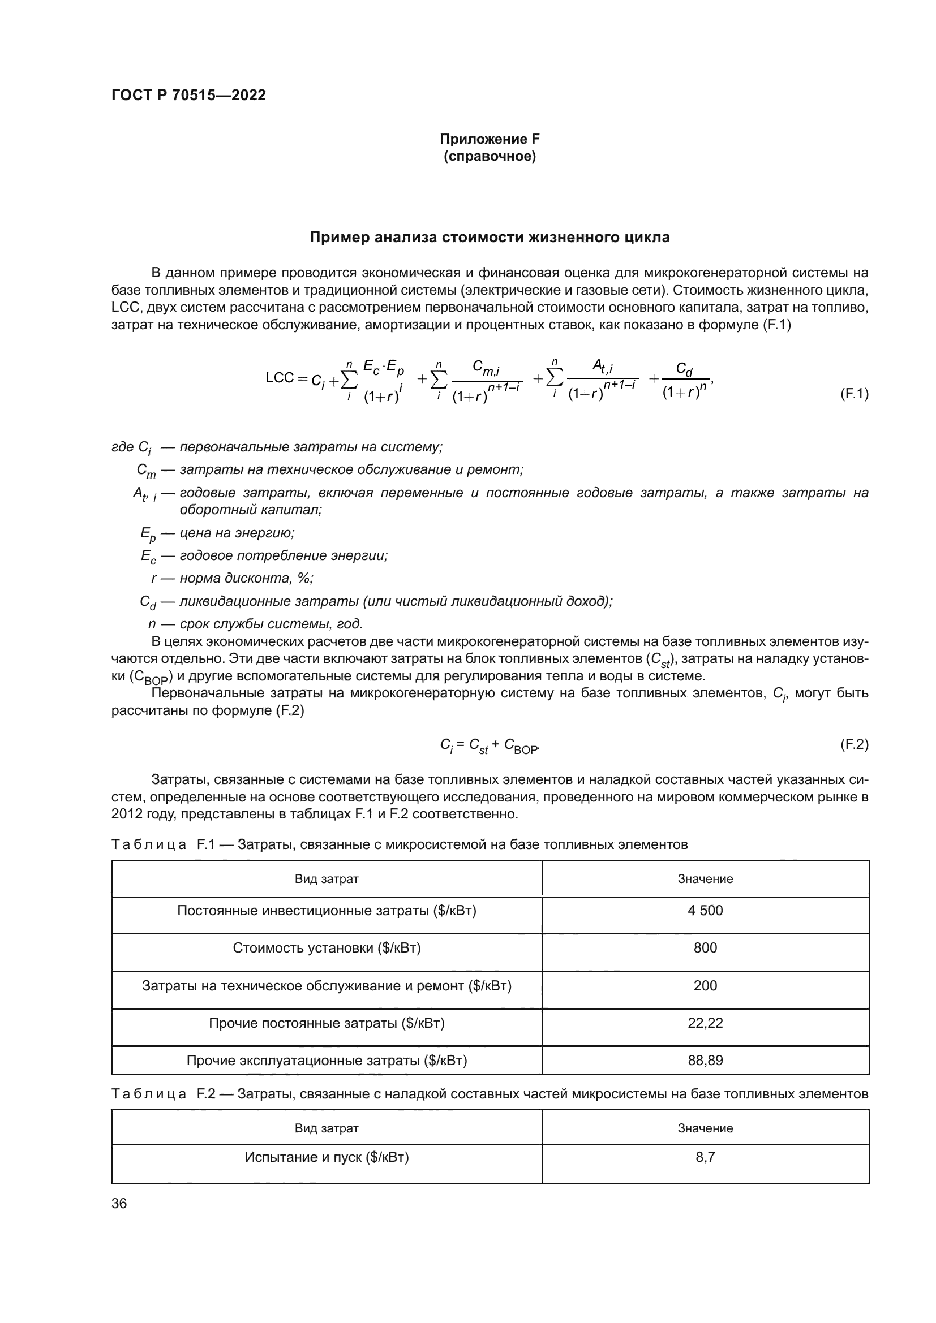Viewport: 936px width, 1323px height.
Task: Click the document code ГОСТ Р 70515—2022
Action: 188,95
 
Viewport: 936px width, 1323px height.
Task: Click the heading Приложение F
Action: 490,139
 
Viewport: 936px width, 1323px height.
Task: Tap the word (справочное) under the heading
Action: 490,157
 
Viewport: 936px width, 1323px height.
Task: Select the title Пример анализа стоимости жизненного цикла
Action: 490,238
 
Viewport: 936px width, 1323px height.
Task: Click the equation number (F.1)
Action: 853,394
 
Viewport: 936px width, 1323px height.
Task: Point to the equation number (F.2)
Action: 853,744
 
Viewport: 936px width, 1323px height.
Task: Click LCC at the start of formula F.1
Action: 280,378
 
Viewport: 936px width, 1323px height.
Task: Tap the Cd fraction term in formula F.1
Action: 685,380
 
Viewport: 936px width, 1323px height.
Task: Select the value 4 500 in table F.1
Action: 705,911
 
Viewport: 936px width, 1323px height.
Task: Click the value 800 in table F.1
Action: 705,948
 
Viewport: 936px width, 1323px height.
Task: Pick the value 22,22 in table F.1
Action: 705,1023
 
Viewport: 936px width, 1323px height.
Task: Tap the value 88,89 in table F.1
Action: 705,1060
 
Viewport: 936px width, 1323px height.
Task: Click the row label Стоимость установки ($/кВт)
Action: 327,948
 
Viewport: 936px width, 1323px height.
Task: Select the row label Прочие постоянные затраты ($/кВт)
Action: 327,1023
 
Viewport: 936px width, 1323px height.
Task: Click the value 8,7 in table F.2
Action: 705,1157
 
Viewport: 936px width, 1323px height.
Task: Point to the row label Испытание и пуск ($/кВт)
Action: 327,1157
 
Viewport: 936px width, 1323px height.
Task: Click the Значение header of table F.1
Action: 705,879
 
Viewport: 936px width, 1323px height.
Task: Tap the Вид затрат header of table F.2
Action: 327,1128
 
